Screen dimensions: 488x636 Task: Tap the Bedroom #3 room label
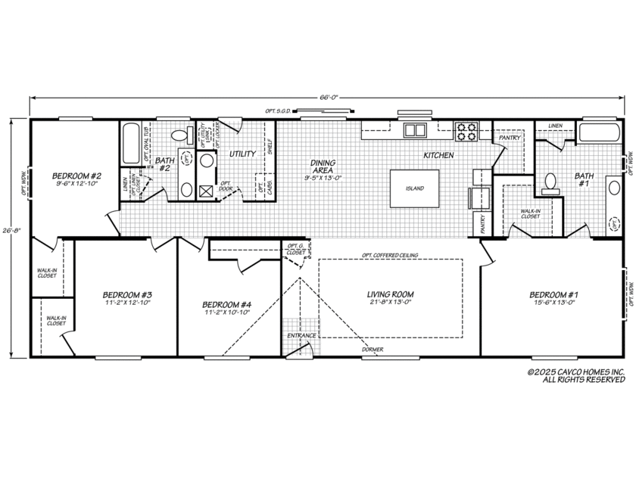127,294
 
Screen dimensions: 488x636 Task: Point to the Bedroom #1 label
554,294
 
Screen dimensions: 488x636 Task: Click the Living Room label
391,294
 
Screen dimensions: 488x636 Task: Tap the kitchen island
413,188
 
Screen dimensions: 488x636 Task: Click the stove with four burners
466,132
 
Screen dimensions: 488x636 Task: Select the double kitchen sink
415,130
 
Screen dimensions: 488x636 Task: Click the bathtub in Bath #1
599,133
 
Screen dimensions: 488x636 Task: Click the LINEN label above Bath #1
555,126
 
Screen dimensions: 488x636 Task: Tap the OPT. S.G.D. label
277,110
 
